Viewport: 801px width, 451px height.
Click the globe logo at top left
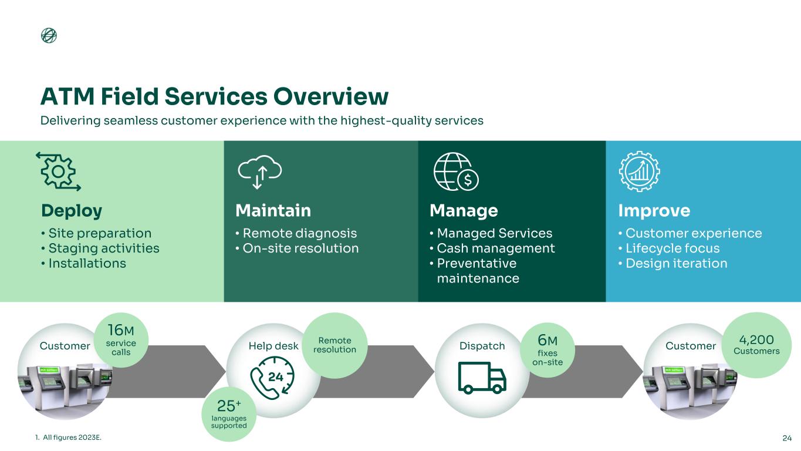(49, 36)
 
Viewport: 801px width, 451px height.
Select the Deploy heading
(72, 210)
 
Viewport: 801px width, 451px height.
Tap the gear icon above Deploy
(58, 171)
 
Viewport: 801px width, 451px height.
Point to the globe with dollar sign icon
(455, 171)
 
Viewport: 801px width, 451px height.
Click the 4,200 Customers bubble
(757, 345)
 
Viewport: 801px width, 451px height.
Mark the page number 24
(787, 437)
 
